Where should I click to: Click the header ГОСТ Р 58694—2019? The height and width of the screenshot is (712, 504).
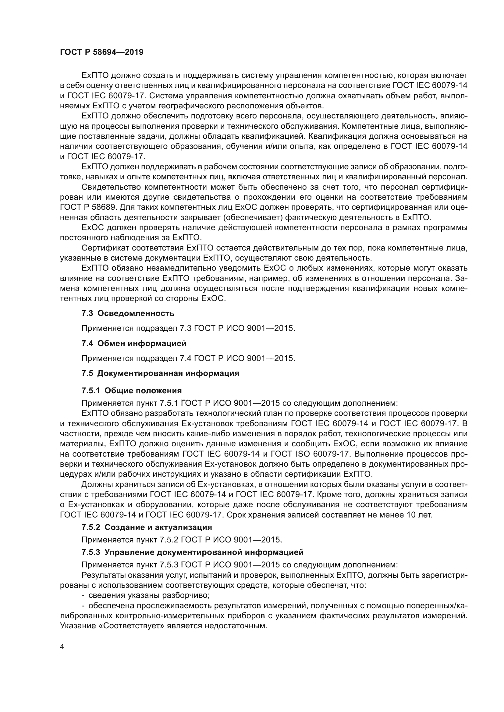101,52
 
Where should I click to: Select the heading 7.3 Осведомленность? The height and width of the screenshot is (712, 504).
128,313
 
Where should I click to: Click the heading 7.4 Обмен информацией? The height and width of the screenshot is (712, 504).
134,343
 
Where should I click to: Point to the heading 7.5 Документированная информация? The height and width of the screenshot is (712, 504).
160,374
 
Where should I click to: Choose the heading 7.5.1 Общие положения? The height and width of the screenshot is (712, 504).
132,391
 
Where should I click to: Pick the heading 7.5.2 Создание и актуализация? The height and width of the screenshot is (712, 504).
147,527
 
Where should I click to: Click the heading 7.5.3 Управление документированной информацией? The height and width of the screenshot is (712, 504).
192,552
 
